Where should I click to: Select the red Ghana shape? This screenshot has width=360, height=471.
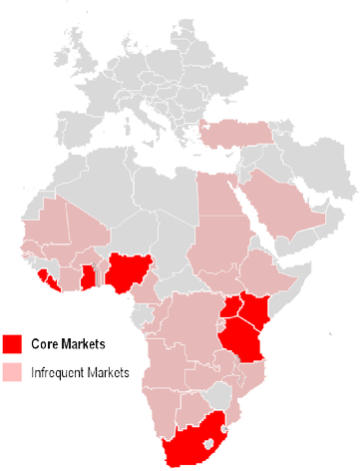point(88,276)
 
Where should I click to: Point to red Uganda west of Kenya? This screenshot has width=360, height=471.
point(232,307)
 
